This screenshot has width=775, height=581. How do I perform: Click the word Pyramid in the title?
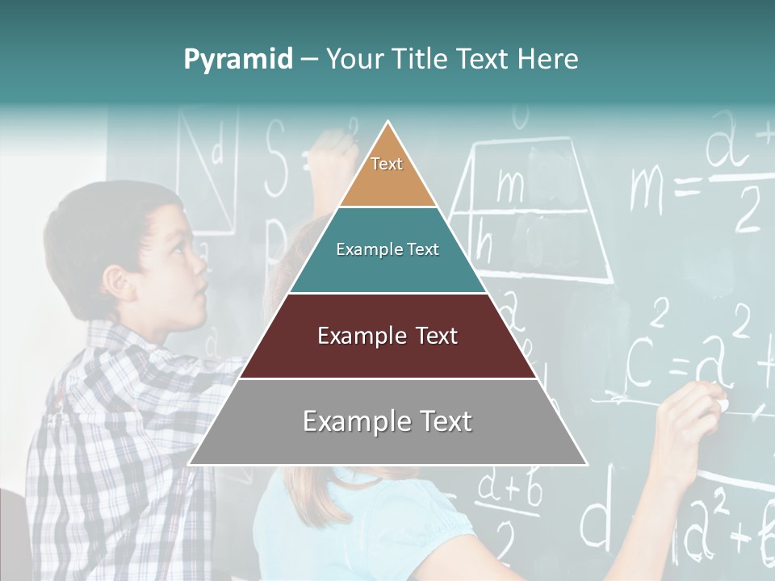tap(237, 60)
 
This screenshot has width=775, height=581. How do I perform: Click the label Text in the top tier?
tap(387, 164)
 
